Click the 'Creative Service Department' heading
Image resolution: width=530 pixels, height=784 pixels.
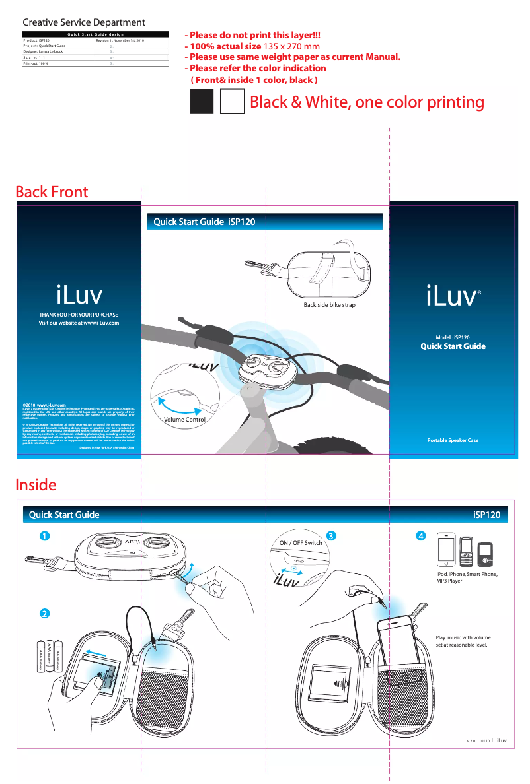[84, 23]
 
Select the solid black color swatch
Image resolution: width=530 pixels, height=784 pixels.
[202, 102]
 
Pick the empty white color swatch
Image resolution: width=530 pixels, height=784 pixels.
[232, 102]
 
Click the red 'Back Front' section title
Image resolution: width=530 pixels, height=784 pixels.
[52, 191]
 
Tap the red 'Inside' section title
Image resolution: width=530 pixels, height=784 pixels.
[36, 484]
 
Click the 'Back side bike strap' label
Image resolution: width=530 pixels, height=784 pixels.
[330, 306]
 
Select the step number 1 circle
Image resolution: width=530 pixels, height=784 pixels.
[44, 537]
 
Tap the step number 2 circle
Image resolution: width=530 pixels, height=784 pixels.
[44, 613]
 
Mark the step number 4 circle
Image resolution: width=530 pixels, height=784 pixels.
[420, 535]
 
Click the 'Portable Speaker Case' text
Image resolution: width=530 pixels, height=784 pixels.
[453, 440]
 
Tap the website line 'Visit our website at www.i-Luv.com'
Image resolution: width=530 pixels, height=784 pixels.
[79, 323]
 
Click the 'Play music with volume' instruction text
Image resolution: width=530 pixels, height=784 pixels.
[463, 637]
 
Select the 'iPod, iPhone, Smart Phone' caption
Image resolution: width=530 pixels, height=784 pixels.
[466, 575]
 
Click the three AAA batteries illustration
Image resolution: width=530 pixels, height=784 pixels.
[50, 657]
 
